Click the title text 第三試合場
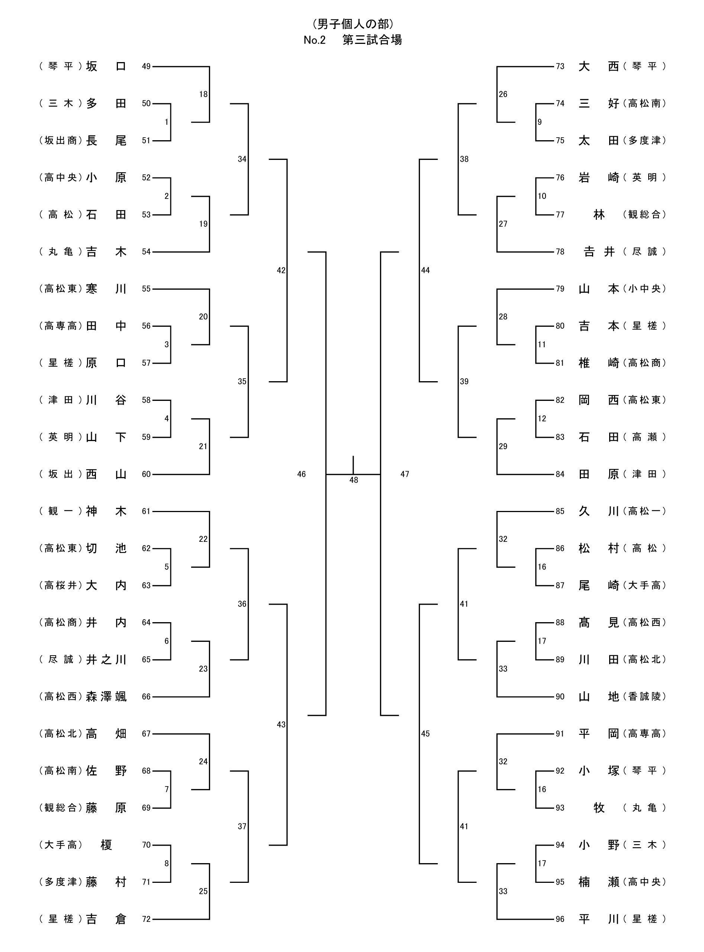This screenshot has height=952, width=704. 372,40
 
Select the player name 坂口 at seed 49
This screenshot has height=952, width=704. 106,67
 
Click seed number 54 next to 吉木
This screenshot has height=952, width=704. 146,252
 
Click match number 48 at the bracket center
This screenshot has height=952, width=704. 354,480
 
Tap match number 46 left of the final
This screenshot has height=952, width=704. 301,474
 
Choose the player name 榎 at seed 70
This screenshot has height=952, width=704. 106,845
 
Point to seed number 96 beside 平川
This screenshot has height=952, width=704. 560,919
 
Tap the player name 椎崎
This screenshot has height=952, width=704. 598,363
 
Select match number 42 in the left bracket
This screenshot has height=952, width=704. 281,270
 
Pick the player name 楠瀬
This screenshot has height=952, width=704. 598,882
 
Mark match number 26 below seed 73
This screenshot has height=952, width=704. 503,94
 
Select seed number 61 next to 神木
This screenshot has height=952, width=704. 146,511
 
